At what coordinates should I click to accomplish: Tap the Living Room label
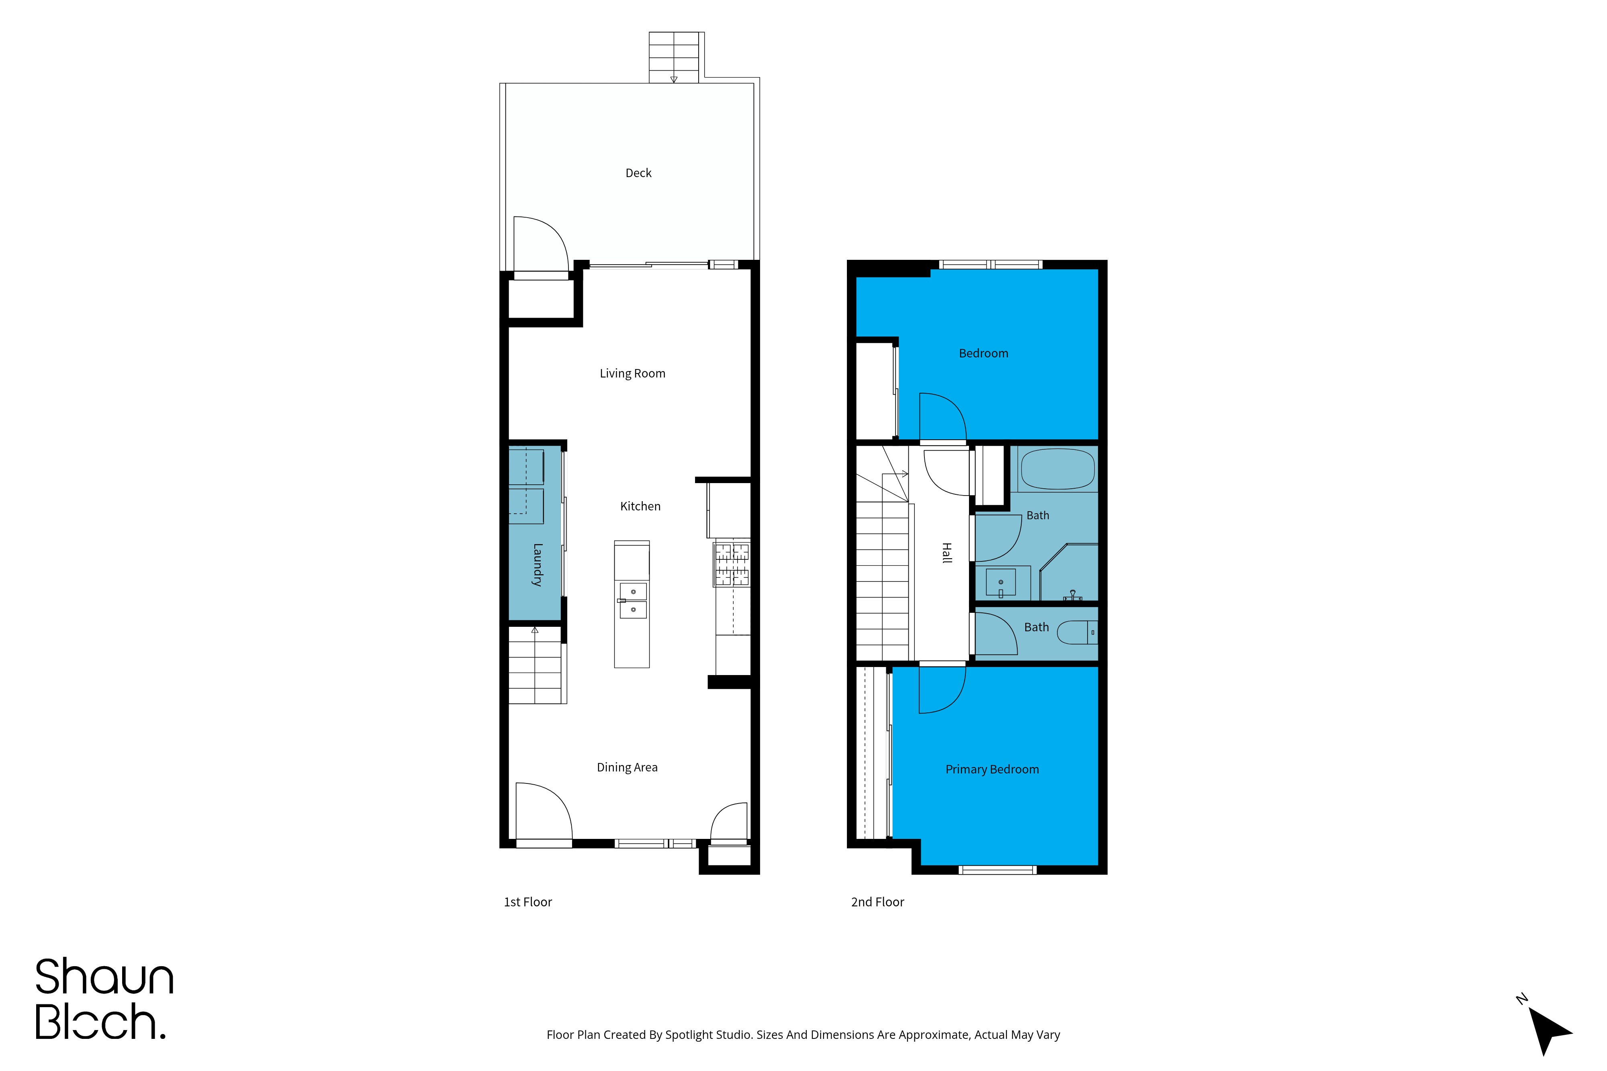pyautogui.click(x=632, y=373)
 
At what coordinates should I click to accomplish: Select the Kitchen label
pyautogui.click(x=640, y=506)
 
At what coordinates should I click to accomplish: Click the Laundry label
pyautogui.click(x=537, y=565)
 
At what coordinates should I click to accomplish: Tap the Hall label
pyautogui.click(x=946, y=553)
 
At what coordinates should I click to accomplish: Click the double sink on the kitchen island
pyautogui.click(x=633, y=600)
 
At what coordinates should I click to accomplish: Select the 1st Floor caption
pyautogui.click(x=527, y=902)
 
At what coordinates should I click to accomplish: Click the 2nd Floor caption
pyautogui.click(x=877, y=902)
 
